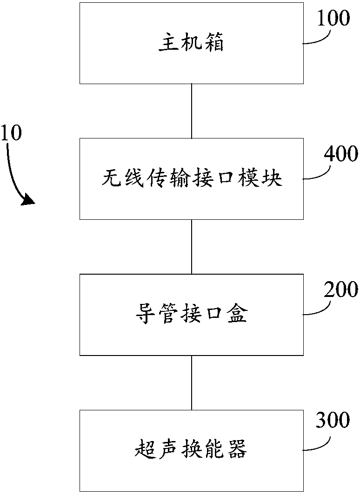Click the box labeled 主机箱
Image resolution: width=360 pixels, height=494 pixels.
click(x=191, y=43)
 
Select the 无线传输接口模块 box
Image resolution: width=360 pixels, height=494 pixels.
click(x=191, y=178)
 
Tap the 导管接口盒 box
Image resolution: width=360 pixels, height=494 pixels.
click(x=191, y=315)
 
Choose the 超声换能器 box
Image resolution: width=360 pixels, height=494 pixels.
click(x=191, y=450)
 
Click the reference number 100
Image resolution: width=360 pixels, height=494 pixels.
click(x=333, y=19)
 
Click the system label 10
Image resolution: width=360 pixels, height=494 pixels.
click(x=11, y=133)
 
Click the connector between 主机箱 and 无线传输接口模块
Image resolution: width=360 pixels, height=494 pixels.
click(x=192, y=111)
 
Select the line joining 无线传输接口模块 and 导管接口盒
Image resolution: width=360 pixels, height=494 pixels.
click(x=192, y=246)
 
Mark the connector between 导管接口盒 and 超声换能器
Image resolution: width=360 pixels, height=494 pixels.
click(x=192, y=382)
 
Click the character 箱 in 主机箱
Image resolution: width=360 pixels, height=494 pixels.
click(x=214, y=44)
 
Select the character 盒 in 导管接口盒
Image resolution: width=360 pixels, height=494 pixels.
click(x=237, y=315)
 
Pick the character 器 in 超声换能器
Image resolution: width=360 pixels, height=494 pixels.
click(x=237, y=450)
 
